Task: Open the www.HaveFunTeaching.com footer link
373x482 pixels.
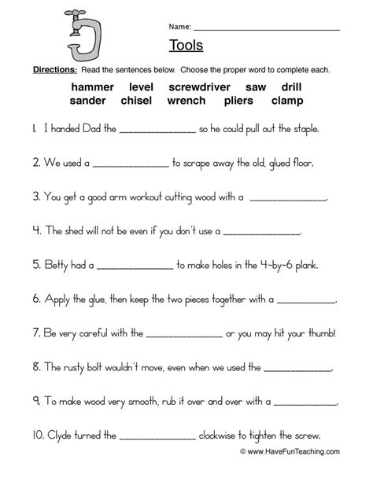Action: tap(289, 451)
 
